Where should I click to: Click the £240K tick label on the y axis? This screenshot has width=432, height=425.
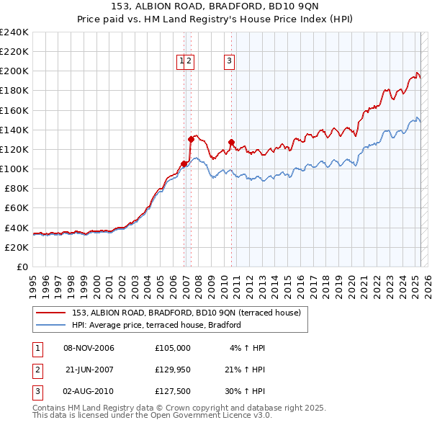click(14, 32)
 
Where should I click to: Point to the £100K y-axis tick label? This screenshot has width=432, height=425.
click(14, 169)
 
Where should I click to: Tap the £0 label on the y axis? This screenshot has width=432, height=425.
click(24, 267)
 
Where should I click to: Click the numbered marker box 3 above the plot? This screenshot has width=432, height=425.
click(229, 61)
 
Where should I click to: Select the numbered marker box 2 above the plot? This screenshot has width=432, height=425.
click(189, 61)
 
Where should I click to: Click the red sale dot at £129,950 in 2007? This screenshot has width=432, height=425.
click(191, 139)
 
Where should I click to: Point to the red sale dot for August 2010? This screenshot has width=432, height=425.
click(231, 142)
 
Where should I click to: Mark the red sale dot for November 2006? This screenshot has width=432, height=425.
click(184, 164)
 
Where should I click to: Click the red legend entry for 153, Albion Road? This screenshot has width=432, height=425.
click(190, 312)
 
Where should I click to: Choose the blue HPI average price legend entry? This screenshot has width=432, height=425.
click(156, 325)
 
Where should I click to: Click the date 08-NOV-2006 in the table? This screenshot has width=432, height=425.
click(89, 348)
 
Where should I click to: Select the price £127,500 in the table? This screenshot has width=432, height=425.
click(173, 393)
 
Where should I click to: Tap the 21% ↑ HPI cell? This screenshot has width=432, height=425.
click(245, 370)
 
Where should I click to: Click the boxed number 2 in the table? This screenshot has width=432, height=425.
click(36, 370)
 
